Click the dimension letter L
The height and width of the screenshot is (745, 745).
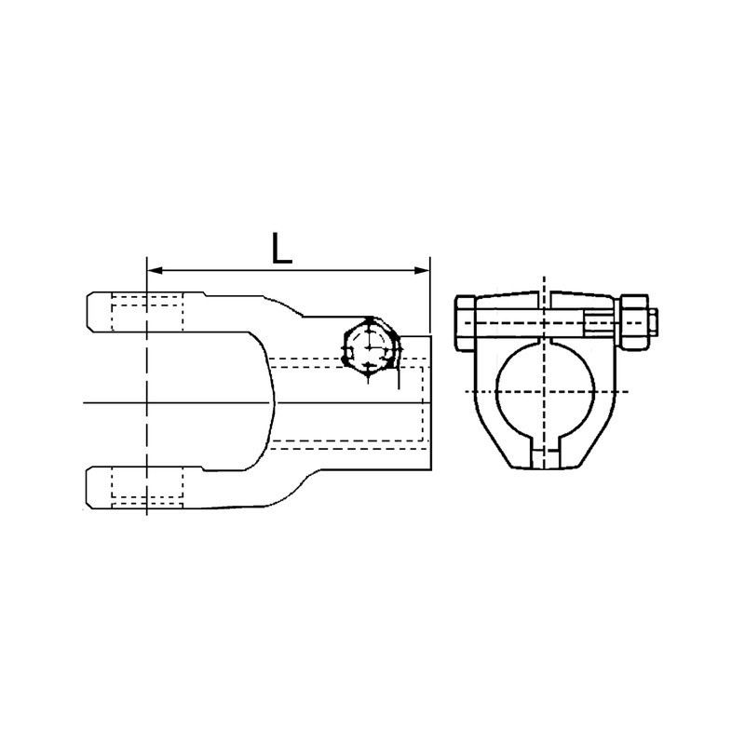tap(281, 249)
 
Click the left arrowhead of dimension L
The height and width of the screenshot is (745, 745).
tap(155, 271)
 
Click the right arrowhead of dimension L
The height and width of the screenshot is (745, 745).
tap(422, 271)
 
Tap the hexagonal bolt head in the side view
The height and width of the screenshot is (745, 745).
tap(371, 345)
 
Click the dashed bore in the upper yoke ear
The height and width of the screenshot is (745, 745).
tap(147, 312)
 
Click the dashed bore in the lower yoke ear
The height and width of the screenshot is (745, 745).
tap(147, 488)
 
